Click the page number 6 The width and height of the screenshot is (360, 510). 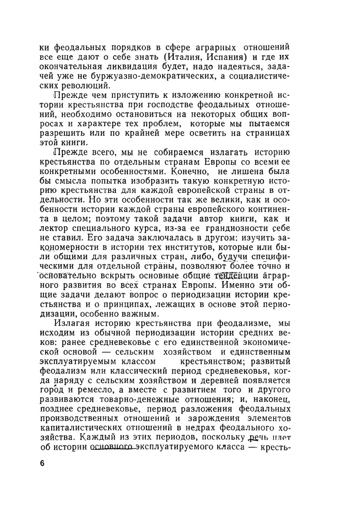[42, 463]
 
